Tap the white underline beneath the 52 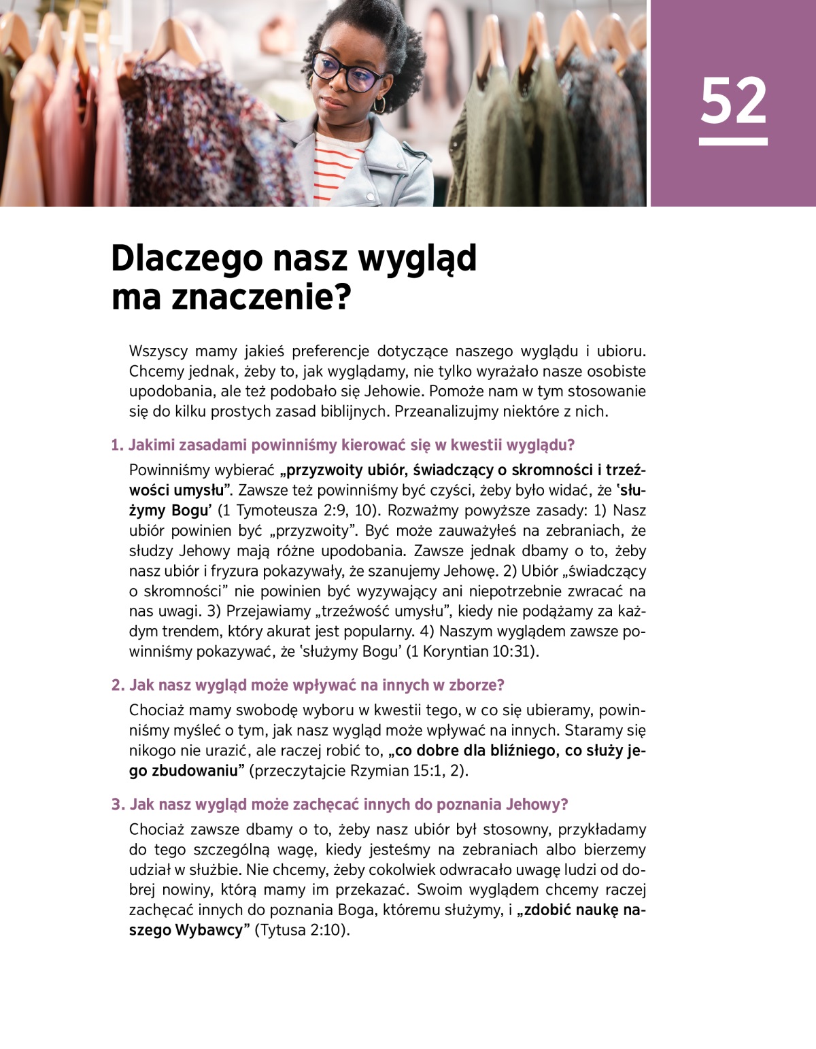point(733,141)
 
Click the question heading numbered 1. point(343,445)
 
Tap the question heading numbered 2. point(307,685)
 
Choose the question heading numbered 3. point(339,805)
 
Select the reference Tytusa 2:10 point(301,931)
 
